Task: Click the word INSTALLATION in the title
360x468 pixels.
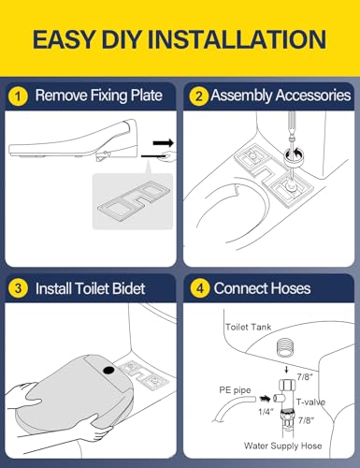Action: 229,39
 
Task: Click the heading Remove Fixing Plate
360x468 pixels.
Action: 103,95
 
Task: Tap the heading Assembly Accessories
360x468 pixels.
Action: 281,95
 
